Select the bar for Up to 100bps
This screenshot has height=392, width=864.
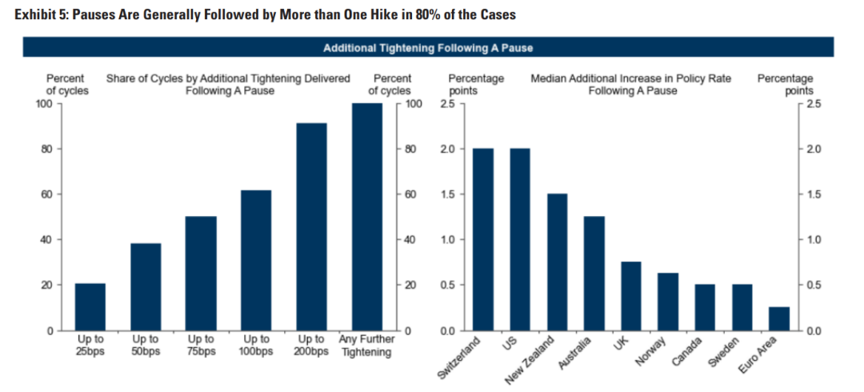(256, 260)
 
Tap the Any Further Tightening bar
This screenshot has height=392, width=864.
(366, 217)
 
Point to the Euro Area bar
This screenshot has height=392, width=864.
(778, 318)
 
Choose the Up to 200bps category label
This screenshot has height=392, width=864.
(311, 346)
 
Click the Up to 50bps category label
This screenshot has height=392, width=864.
(146, 346)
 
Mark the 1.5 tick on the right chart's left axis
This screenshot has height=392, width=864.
(447, 194)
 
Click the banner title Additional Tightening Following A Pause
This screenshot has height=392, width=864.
(428, 48)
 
